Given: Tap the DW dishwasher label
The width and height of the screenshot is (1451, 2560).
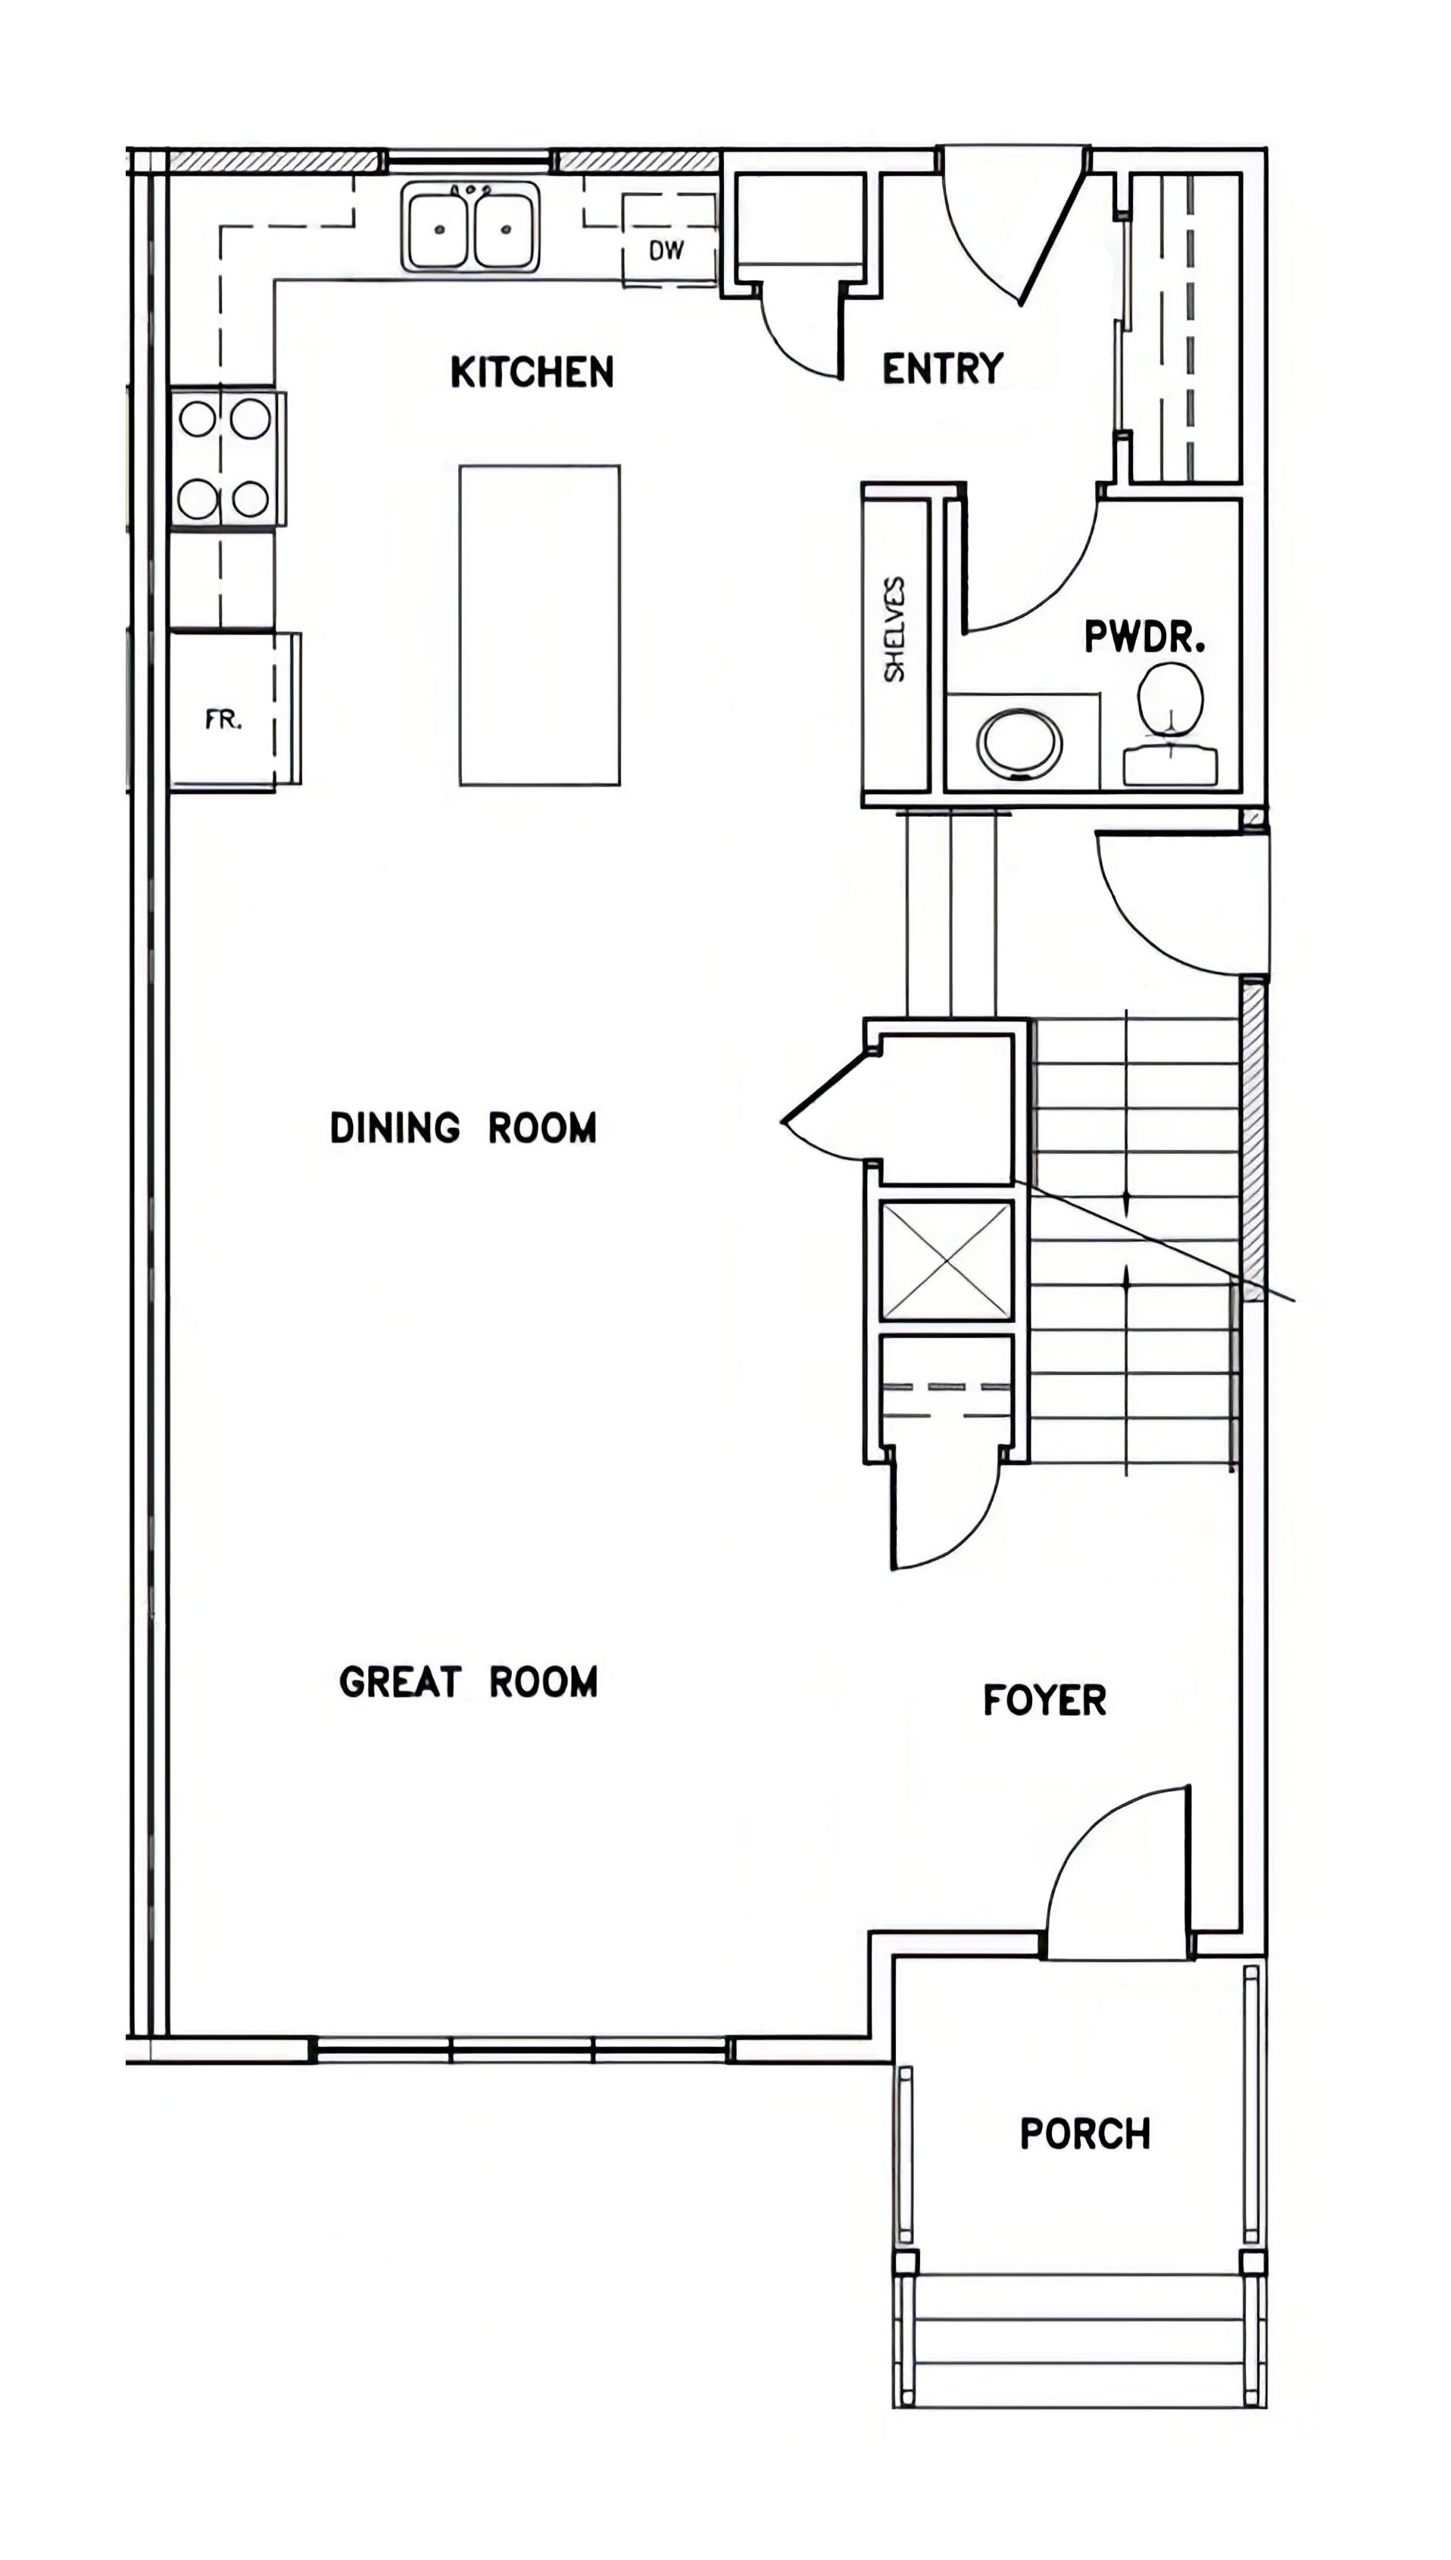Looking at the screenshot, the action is click(666, 250).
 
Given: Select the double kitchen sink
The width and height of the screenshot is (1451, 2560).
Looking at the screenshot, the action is click(471, 227).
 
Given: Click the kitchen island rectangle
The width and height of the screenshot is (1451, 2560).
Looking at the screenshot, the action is click(539, 625).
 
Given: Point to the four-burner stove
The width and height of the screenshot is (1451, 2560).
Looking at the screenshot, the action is click(227, 458).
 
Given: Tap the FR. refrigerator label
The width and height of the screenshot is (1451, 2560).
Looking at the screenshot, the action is click(223, 719).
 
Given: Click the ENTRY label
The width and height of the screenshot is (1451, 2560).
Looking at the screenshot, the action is click(943, 369).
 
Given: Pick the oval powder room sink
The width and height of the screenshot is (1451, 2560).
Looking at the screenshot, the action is click(1019, 742).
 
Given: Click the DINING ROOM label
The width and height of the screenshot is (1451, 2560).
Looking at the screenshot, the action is click(463, 1128).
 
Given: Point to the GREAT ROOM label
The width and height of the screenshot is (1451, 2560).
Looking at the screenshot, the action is click(468, 1682).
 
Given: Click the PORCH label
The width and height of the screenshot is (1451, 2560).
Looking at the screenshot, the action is click(1085, 2134).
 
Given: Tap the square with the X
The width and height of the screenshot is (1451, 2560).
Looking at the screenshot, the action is click(947, 1260).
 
